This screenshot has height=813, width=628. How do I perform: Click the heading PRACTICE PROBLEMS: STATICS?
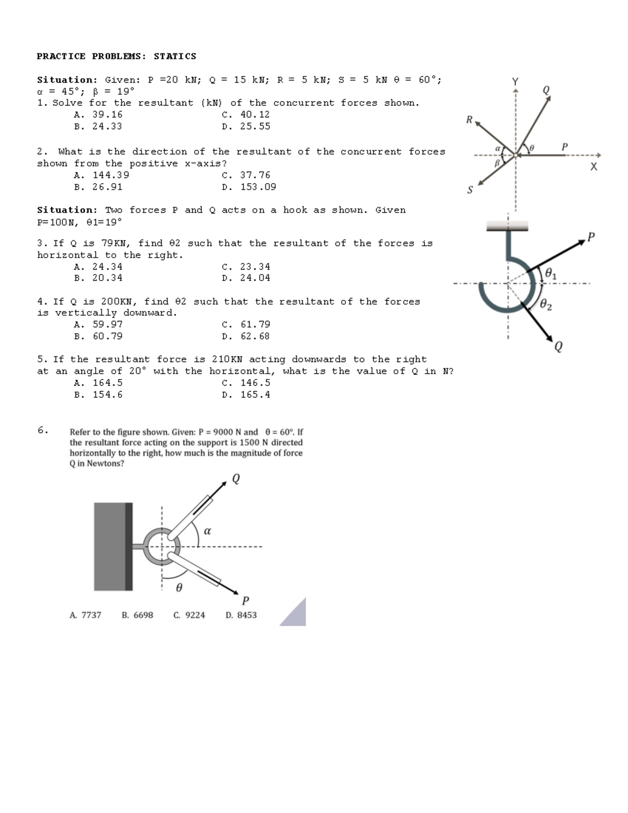click(116, 56)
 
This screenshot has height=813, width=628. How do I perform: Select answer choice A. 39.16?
click(98, 114)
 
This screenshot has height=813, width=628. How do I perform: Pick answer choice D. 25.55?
click(246, 126)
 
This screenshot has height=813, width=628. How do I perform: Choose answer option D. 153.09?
click(249, 187)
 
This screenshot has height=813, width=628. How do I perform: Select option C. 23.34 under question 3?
click(246, 266)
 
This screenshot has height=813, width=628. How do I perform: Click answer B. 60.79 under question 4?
click(98, 336)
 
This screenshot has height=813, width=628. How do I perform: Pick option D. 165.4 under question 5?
click(246, 395)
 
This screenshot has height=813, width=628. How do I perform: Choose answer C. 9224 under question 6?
click(189, 615)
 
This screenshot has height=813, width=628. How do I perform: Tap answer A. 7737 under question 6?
click(85, 615)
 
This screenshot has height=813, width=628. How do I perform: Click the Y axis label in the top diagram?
click(515, 82)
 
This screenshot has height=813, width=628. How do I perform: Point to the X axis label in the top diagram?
click(593, 167)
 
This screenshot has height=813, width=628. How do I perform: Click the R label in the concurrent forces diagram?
click(469, 120)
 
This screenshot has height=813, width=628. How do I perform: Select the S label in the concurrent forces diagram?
click(469, 190)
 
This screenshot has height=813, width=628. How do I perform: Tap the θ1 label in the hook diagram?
click(551, 273)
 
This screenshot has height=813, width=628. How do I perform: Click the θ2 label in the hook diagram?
click(545, 304)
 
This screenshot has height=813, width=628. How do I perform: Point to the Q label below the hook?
click(558, 347)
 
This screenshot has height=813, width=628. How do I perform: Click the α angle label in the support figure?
click(207, 531)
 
